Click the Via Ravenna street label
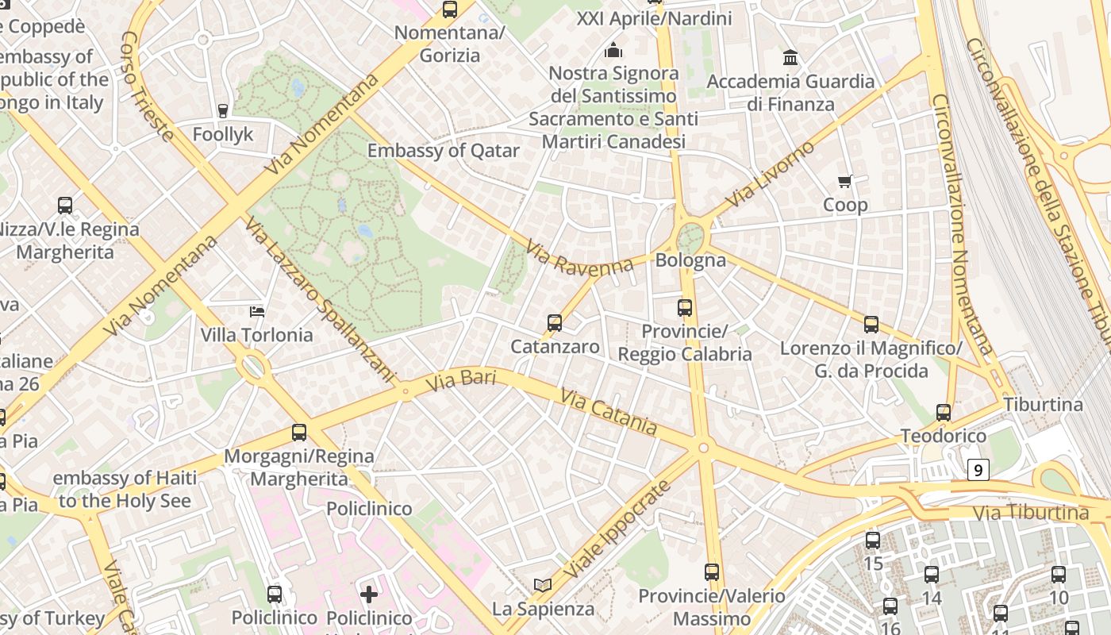579,260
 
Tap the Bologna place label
690,260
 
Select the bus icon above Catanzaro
555,323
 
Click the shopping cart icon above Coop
845,182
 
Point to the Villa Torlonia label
256,335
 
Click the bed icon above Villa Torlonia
256,311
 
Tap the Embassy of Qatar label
444,151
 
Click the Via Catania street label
609,411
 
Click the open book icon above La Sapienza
543,585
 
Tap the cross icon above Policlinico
369,594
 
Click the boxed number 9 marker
978,471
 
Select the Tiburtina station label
1043,404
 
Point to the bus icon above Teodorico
943,413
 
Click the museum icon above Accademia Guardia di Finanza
790,58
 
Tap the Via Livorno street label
770,175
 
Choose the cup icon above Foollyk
223,110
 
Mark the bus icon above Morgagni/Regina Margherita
299,433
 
